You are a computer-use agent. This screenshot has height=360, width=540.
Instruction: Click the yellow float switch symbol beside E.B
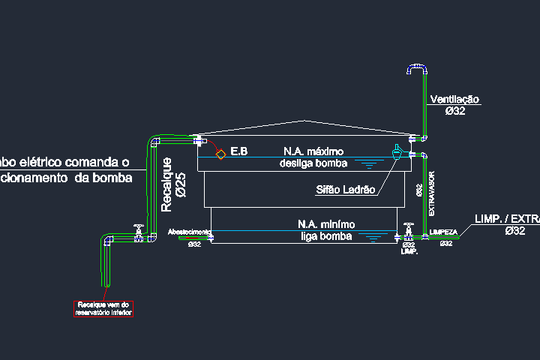[221, 153]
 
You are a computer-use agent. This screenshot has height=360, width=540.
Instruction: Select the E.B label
[239, 151]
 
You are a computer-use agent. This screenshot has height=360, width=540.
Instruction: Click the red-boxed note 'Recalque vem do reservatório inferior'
[103, 308]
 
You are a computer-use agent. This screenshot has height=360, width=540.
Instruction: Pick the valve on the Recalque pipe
[138, 232]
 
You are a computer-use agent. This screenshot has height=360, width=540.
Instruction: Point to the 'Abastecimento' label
[188, 232]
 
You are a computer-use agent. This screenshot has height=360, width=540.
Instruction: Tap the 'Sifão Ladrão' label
[344, 190]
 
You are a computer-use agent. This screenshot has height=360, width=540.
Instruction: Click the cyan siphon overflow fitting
[397, 152]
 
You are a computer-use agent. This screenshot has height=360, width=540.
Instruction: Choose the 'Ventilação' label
[454, 99]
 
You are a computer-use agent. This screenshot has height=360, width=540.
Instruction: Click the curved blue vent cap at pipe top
[415, 69]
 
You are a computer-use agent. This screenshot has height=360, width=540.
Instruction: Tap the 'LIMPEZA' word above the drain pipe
[443, 232]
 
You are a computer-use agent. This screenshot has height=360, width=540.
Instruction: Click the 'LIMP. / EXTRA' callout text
[507, 219]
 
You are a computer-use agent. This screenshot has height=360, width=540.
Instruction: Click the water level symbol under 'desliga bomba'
[368, 165]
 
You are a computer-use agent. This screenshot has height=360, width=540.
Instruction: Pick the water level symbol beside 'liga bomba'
[373, 238]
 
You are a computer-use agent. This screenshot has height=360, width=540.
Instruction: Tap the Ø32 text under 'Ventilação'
[455, 111]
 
